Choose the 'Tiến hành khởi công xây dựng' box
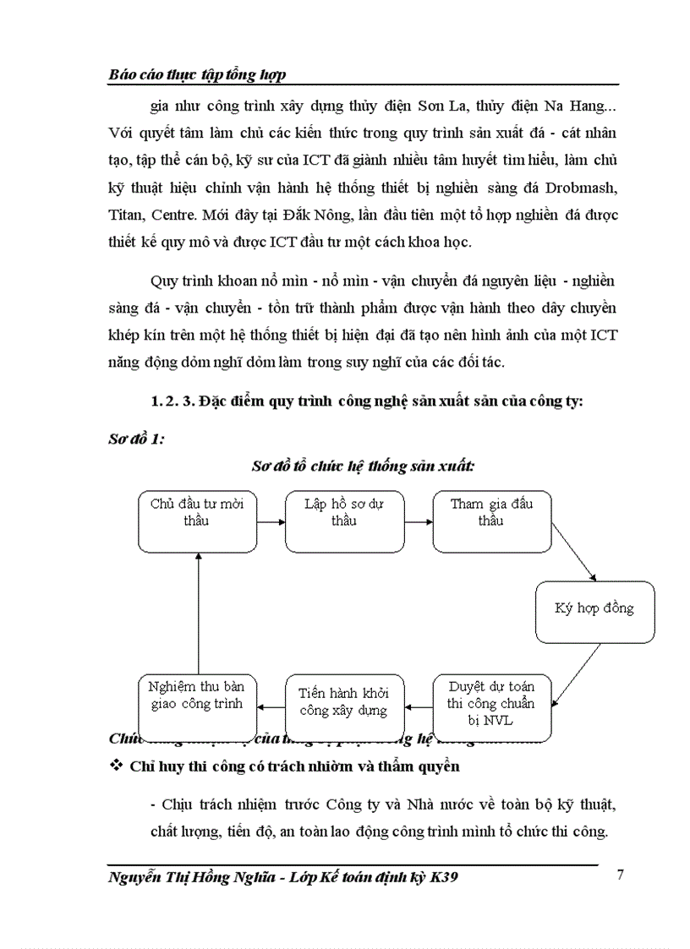coord(344,703)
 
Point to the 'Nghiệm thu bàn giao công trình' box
coord(196,703)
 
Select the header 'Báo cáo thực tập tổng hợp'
coord(197,74)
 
